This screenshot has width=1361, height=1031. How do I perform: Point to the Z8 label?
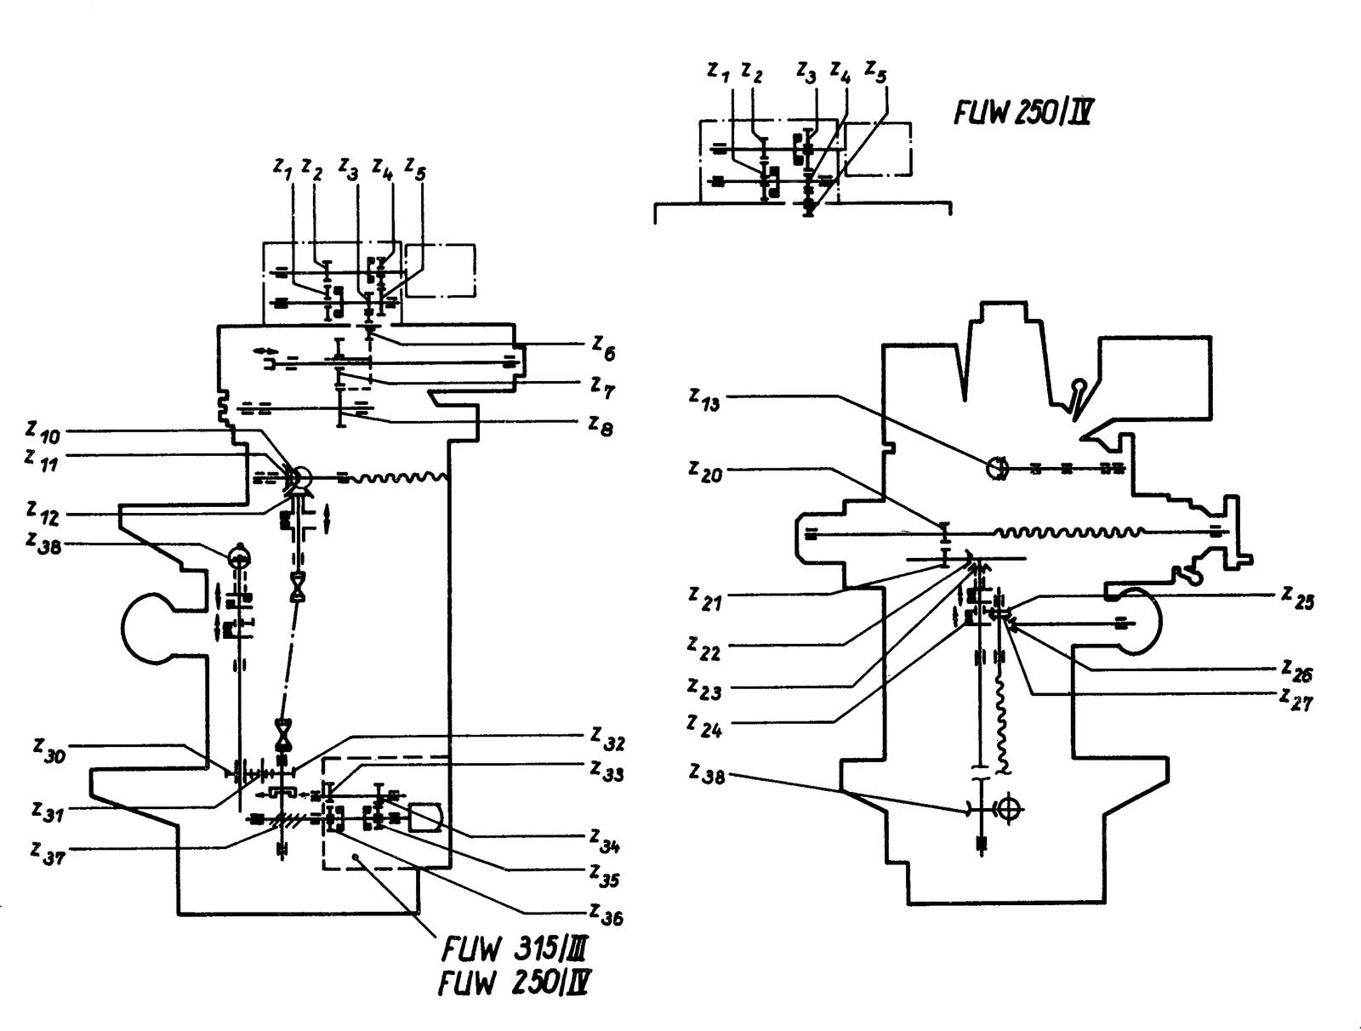point(601,424)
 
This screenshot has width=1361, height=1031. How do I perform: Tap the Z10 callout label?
point(43,433)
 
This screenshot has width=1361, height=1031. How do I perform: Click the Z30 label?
point(49,750)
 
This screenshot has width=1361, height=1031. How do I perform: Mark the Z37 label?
point(48,852)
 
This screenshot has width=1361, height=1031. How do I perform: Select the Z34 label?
point(605,841)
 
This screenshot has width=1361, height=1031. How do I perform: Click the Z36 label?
point(606,914)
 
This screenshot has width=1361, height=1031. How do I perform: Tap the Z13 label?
point(704,398)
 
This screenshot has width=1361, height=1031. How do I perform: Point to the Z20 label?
point(705,470)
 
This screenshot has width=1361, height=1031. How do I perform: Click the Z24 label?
point(704,726)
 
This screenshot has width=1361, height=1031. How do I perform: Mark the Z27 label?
point(1296,698)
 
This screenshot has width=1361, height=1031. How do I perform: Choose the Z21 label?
point(705,599)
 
